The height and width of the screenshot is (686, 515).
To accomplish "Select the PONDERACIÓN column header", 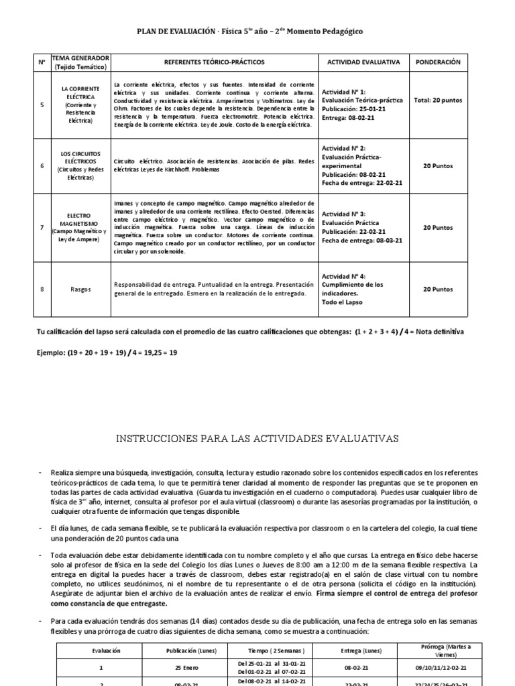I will click(x=438, y=62).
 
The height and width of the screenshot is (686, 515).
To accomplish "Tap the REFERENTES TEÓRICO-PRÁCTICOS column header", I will click(x=215, y=62).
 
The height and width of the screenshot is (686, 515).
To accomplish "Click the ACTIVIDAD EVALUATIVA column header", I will click(x=363, y=62).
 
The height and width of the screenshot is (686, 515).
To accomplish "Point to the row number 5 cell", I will click(x=42, y=105).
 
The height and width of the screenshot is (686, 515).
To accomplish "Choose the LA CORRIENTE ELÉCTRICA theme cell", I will click(x=80, y=105).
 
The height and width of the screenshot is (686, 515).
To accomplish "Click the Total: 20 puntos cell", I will click(x=438, y=100).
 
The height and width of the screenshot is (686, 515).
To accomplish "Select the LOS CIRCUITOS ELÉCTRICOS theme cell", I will click(x=80, y=166).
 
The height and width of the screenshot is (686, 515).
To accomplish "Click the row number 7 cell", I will click(x=42, y=228).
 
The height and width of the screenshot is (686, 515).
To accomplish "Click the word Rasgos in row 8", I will click(x=80, y=289).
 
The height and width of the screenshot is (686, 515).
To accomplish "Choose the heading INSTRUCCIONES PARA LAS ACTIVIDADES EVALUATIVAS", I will click(x=257, y=439).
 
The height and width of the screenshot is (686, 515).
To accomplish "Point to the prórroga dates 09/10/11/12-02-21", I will click(x=440, y=668).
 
